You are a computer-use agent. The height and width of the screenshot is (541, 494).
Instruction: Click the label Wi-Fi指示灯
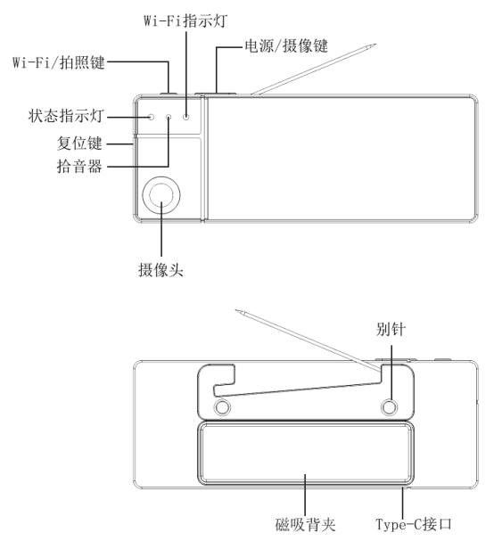pos(185,20)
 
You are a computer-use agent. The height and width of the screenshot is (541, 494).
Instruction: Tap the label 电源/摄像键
pos(286,45)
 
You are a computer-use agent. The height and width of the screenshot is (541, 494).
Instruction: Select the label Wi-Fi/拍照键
pos(59,62)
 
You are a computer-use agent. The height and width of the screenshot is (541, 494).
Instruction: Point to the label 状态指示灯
pos(66,116)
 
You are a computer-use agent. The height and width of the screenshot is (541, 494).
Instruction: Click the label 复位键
pos(79,143)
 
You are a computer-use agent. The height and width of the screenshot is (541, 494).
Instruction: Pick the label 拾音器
pos(79,166)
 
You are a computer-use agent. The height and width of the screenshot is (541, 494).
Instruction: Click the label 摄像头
pos(161,269)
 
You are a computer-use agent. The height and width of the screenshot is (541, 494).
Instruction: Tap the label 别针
pos(391,329)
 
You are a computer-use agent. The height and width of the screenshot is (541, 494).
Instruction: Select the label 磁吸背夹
pos(305,524)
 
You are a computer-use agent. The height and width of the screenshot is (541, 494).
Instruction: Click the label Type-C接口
pos(414,524)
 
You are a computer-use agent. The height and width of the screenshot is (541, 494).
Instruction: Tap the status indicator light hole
pos(151,117)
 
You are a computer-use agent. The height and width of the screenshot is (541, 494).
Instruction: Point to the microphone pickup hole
pos(169,117)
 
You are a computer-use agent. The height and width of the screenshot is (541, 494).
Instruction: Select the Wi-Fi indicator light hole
pos(186,117)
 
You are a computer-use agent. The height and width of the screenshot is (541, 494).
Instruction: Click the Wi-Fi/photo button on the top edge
pos(169,94)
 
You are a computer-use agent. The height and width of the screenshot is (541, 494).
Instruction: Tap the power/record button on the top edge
pos(216,94)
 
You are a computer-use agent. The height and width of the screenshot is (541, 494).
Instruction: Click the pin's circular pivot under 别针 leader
pos(389,407)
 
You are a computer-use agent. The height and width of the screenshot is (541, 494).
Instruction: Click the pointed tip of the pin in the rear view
pos(236,310)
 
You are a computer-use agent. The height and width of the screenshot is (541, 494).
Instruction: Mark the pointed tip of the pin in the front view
pos(375,44)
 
